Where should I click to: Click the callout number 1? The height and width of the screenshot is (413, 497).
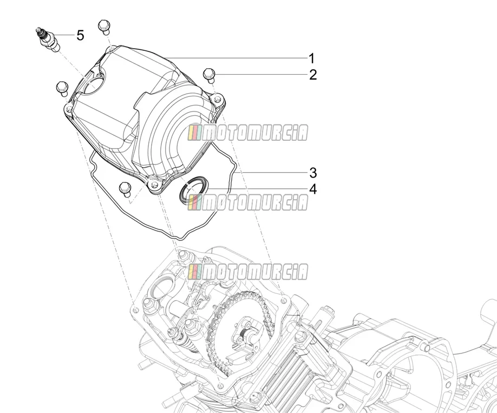[312, 58]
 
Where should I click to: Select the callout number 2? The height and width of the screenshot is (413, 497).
[313, 75]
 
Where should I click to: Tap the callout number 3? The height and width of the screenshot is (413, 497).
[313, 173]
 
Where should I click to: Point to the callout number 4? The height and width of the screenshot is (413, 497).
[313, 189]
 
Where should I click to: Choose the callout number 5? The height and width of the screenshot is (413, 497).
[81, 35]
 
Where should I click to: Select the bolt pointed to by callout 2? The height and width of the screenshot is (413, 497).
[209, 75]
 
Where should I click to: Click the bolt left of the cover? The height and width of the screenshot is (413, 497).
[62, 88]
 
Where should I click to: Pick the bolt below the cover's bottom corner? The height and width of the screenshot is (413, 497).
[125, 189]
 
